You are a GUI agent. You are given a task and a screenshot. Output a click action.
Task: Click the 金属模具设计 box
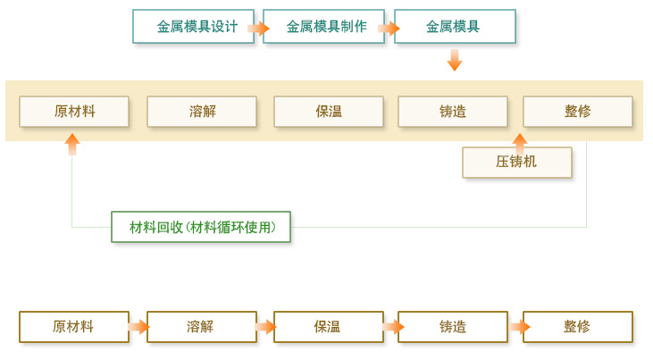193,27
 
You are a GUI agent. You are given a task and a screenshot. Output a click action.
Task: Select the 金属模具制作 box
323,27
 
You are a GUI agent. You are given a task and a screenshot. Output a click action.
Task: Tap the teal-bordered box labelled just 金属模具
454,27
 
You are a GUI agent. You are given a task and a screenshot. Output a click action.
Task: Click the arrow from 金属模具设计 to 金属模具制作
258,28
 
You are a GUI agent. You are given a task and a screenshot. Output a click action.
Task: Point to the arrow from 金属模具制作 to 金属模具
389,28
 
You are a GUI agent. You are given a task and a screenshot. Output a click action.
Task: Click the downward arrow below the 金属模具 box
455,60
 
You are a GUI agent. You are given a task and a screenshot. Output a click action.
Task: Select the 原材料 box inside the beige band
74,112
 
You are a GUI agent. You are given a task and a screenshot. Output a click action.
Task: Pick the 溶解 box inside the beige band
202,112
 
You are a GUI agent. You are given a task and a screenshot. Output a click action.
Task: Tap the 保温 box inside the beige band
329,112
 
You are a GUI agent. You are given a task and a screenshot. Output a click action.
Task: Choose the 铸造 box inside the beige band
453,112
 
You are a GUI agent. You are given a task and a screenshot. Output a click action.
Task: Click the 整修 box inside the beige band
578,112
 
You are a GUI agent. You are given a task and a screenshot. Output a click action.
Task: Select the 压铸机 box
517,163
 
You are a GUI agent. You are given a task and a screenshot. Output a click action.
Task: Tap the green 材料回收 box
201,227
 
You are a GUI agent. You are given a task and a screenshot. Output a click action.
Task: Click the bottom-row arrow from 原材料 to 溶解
138,327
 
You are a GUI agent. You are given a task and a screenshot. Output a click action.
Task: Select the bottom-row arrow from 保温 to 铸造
391,327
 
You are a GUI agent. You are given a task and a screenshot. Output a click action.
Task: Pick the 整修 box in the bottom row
578,327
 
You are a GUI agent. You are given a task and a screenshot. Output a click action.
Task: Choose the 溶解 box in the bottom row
202,327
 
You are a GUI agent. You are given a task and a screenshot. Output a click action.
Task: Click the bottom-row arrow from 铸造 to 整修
516,327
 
